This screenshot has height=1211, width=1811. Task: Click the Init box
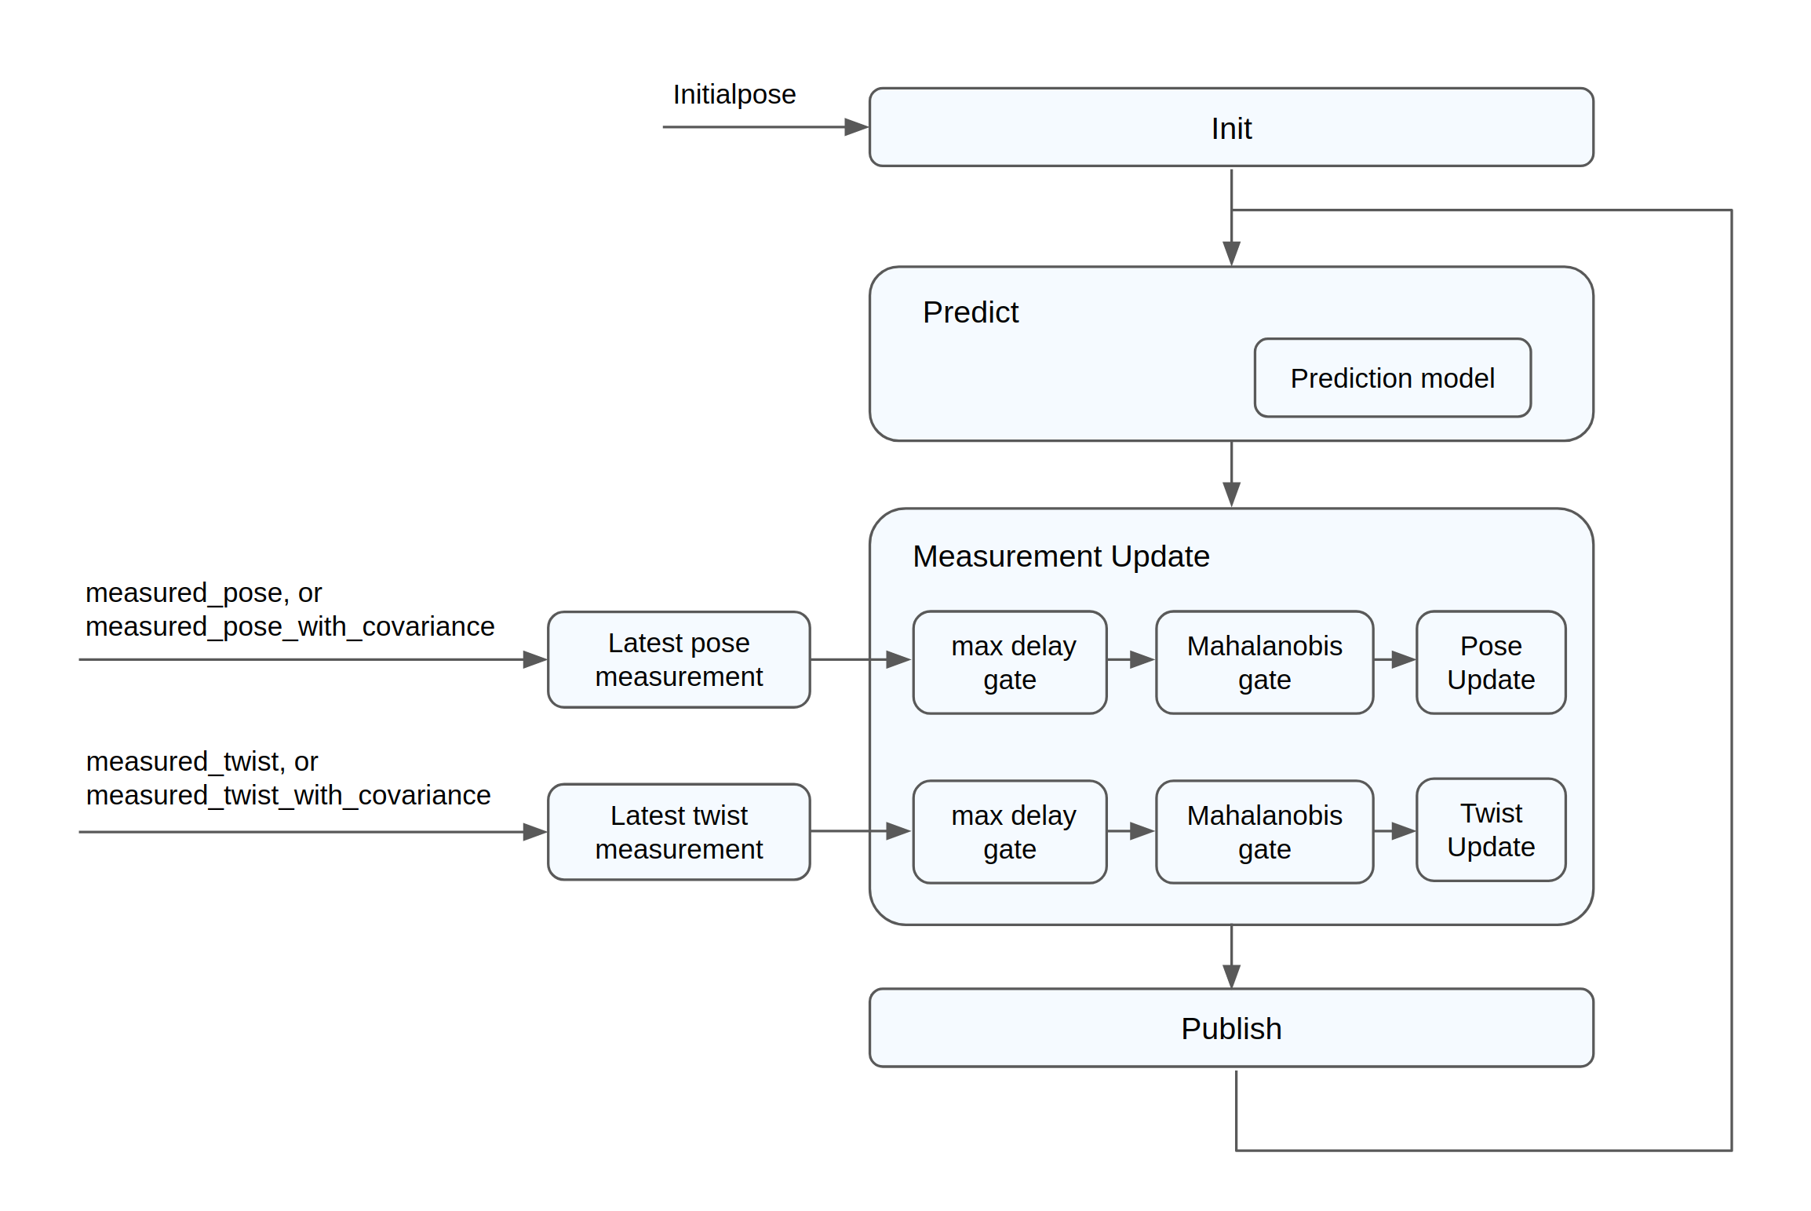click(x=1230, y=127)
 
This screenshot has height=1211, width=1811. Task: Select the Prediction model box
click(x=1392, y=378)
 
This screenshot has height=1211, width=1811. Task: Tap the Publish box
click(x=1230, y=1027)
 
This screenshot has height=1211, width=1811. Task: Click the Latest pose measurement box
click(x=679, y=659)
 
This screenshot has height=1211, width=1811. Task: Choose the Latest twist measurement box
click(x=679, y=832)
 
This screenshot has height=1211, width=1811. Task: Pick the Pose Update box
click(x=1490, y=662)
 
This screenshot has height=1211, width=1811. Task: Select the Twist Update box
click(x=1490, y=830)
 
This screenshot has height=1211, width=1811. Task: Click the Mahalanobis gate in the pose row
click(x=1264, y=662)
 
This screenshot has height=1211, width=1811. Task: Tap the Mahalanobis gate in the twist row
click(x=1264, y=832)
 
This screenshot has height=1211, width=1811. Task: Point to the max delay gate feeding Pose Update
click(x=1010, y=662)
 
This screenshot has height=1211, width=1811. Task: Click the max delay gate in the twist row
click(x=1010, y=832)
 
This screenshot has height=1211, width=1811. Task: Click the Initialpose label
click(x=734, y=94)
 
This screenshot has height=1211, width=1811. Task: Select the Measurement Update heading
click(x=1060, y=556)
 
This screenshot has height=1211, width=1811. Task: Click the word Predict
click(x=970, y=312)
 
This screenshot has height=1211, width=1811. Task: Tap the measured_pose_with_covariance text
click(x=290, y=626)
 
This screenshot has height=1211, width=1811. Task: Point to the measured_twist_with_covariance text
click(x=288, y=795)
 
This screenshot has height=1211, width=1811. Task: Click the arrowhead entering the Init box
click(x=856, y=127)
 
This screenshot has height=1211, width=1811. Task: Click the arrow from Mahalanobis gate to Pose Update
click(x=1395, y=659)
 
